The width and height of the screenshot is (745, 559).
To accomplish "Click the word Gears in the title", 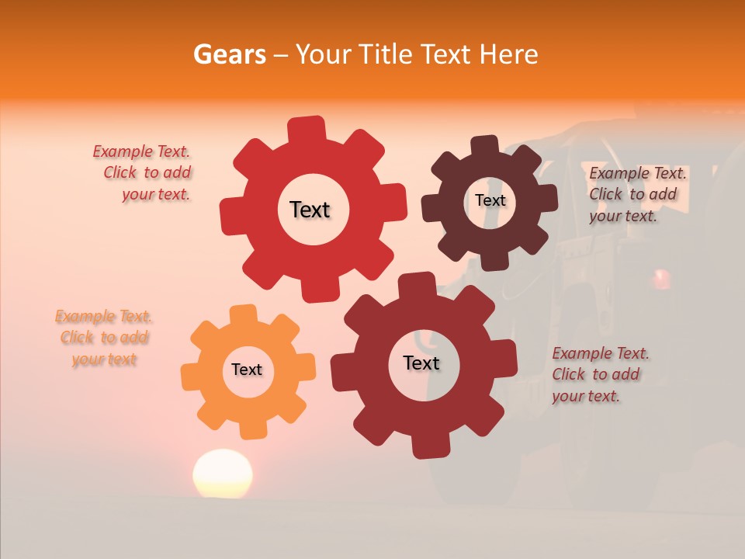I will pos(229,54).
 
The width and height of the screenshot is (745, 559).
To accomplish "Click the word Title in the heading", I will pos(387,54).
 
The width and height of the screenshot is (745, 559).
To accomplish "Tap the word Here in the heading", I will pos(508,54).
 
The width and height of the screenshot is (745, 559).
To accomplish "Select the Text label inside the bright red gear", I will pos(310,210).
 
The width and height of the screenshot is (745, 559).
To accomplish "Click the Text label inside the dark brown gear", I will pos(490,200).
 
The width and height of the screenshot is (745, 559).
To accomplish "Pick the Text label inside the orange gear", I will pos(247,370).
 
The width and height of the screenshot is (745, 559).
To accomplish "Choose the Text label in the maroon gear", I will pos(421,363).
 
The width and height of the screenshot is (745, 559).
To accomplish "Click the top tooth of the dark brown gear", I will pos(485,146).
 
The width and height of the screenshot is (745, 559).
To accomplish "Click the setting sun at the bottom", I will pos(223,474).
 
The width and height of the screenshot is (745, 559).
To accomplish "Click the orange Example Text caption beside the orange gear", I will pos(104,338).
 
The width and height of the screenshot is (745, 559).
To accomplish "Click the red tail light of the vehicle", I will pos(661,277).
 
